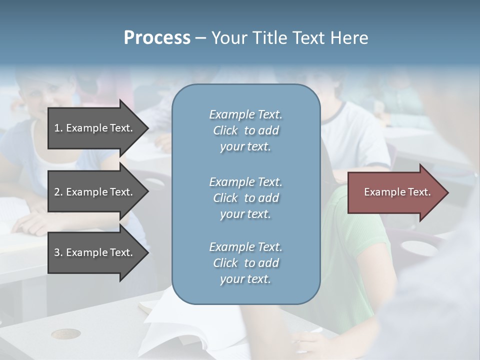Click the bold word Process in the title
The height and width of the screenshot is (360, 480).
(x=157, y=38)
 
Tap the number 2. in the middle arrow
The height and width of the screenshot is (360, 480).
(x=58, y=192)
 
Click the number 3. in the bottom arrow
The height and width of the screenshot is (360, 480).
(x=58, y=252)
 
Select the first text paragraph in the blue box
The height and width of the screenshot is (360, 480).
(x=245, y=130)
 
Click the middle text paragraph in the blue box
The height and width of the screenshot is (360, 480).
(x=245, y=198)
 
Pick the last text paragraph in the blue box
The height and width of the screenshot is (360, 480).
(x=245, y=263)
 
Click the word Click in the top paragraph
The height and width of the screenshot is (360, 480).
(x=225, y=130)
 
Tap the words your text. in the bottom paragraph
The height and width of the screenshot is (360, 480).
(x=245, y=279)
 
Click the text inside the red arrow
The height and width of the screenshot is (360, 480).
(x=397, y=192)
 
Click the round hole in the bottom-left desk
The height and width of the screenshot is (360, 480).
(x=65, y=333)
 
